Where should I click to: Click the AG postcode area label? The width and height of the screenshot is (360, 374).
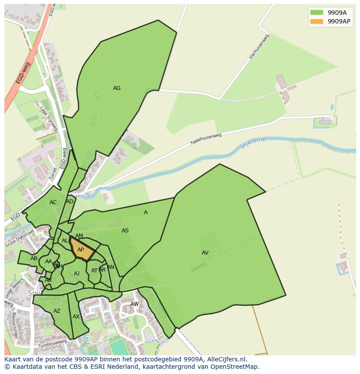[117, 88]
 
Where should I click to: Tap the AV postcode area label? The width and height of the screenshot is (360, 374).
[205, 253]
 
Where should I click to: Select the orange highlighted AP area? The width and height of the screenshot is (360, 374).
[81, 250]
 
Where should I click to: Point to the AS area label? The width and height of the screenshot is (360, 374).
[125, 231]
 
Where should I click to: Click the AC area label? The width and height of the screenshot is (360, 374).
[53, 202]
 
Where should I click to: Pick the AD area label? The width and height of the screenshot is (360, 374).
[70, 202]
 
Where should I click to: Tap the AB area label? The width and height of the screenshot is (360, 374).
[34, 258]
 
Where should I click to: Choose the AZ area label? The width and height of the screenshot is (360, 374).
[57, 311]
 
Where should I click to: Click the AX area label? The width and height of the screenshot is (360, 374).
[76, 317]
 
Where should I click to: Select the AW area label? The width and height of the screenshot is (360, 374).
[135, 304]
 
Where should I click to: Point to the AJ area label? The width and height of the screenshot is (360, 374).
[77, 274]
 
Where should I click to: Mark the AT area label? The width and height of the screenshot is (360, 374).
[94, 271]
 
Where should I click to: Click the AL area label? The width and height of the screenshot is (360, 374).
[65, 241]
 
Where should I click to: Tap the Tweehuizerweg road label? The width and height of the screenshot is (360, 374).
[206, 139]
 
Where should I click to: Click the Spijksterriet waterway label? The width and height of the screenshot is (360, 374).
[253, 143]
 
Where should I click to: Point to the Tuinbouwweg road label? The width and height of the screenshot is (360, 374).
[52, 343]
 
